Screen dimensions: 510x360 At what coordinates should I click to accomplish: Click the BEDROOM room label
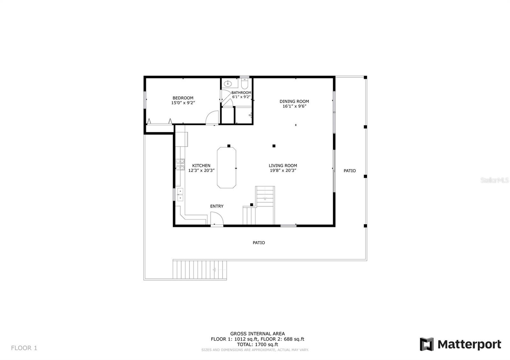click(183, 98)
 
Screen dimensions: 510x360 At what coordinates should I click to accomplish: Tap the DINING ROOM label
click(294, 102)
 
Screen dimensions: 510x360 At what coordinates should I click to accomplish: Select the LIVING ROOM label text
click(283, 166)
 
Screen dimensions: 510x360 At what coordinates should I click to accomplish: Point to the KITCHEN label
click(201, 166)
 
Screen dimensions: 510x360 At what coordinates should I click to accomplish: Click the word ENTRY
click(217, 206)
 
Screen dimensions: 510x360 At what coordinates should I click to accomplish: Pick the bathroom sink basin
click(228, 84)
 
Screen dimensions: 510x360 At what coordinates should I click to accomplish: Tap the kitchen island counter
click(227, 168)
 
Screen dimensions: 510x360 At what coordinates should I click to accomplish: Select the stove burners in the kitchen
click(180, 164)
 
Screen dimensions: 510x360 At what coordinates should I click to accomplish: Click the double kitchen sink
click(180, 195)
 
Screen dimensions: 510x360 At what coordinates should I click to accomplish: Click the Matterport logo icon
click(427, 344)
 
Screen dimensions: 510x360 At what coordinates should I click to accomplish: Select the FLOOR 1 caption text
click(24, 348)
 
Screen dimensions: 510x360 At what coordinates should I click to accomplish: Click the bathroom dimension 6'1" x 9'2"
click(241, 97)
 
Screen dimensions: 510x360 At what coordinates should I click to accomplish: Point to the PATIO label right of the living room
click(350, 171)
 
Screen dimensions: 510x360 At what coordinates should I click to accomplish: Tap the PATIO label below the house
click(259, 243)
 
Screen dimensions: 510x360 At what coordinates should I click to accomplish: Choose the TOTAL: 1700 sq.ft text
click(258, 344)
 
